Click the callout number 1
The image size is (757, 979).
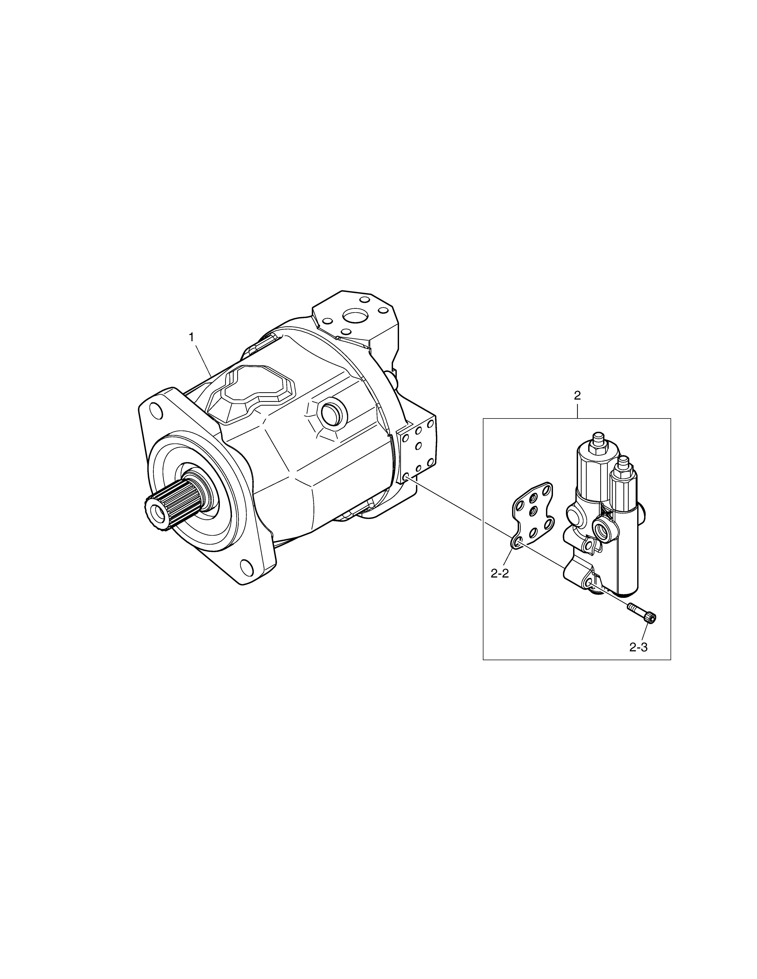pos(192,337)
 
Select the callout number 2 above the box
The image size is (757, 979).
pos(577,395)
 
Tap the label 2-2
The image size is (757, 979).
pos(500,574)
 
